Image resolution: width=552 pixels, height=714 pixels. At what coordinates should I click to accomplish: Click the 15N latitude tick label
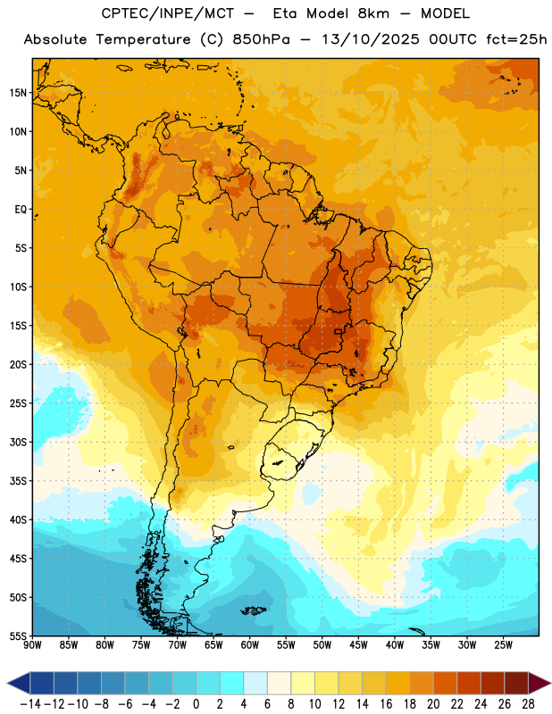(x=18, y=93)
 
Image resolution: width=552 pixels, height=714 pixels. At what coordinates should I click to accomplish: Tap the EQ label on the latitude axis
(x=21, y=210)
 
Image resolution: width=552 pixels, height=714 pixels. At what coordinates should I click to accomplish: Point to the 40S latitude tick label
(x=18, y=519)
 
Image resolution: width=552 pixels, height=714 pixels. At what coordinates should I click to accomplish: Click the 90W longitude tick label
(x=33, y=644)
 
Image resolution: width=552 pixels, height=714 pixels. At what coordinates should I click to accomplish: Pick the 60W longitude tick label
(x=250, y=644)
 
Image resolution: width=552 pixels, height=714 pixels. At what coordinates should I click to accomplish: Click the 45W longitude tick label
(x=358, y=644)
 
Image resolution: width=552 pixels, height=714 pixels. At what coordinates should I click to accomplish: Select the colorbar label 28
(x=528, y=704)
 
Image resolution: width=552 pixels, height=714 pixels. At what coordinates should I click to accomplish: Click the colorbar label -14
(x=30, y=704)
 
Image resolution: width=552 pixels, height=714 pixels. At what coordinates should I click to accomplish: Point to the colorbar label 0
(x=196, y=704)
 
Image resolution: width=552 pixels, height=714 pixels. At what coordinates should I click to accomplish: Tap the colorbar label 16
(x=386, y=704)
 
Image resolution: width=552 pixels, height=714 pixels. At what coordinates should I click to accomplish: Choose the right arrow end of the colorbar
(x=539, y=683)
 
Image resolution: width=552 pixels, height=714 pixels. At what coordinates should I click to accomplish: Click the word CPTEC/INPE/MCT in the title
(x=168, y=13)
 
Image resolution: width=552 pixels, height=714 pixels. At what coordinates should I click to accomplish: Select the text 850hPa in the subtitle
(x=261, y=39)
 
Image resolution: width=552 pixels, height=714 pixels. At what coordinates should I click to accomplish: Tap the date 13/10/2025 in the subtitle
(x=371, y=39)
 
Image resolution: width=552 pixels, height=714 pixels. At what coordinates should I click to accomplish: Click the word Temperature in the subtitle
(x=143, y=39)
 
